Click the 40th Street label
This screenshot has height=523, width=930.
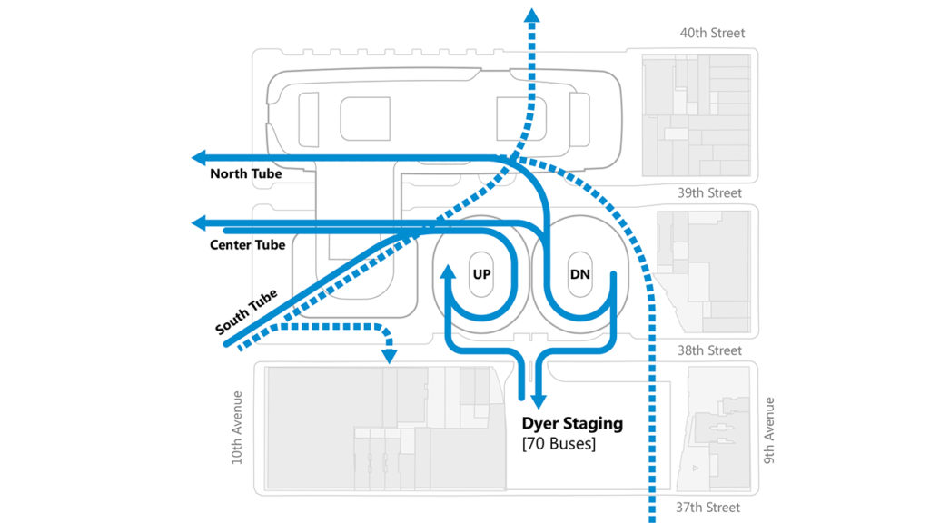712,34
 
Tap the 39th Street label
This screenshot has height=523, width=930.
709,193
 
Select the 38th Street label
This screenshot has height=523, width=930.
709,351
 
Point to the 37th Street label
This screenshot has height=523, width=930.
707,508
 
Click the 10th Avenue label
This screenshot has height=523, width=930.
237,427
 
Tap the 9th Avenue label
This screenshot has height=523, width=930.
768,430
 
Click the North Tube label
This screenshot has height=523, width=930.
245,173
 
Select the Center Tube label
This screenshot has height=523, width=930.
247,245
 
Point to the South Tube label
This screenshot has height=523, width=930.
246,312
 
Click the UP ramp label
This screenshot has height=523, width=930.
481,274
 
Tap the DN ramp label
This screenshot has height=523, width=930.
579,274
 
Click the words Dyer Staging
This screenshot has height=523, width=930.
572,423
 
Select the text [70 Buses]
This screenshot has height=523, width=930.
559,443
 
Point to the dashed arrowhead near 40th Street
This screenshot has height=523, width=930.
532,15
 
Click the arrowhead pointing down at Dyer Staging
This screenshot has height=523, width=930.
538,401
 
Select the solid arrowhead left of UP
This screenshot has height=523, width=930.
449,272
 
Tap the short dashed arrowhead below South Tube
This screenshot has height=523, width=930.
389,356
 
